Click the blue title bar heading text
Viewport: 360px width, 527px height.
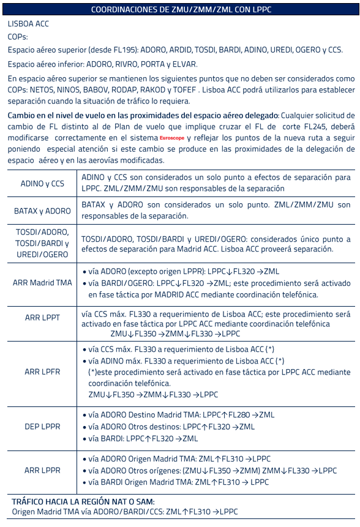coord(181,9)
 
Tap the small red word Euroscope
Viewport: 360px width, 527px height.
coord(160,139)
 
